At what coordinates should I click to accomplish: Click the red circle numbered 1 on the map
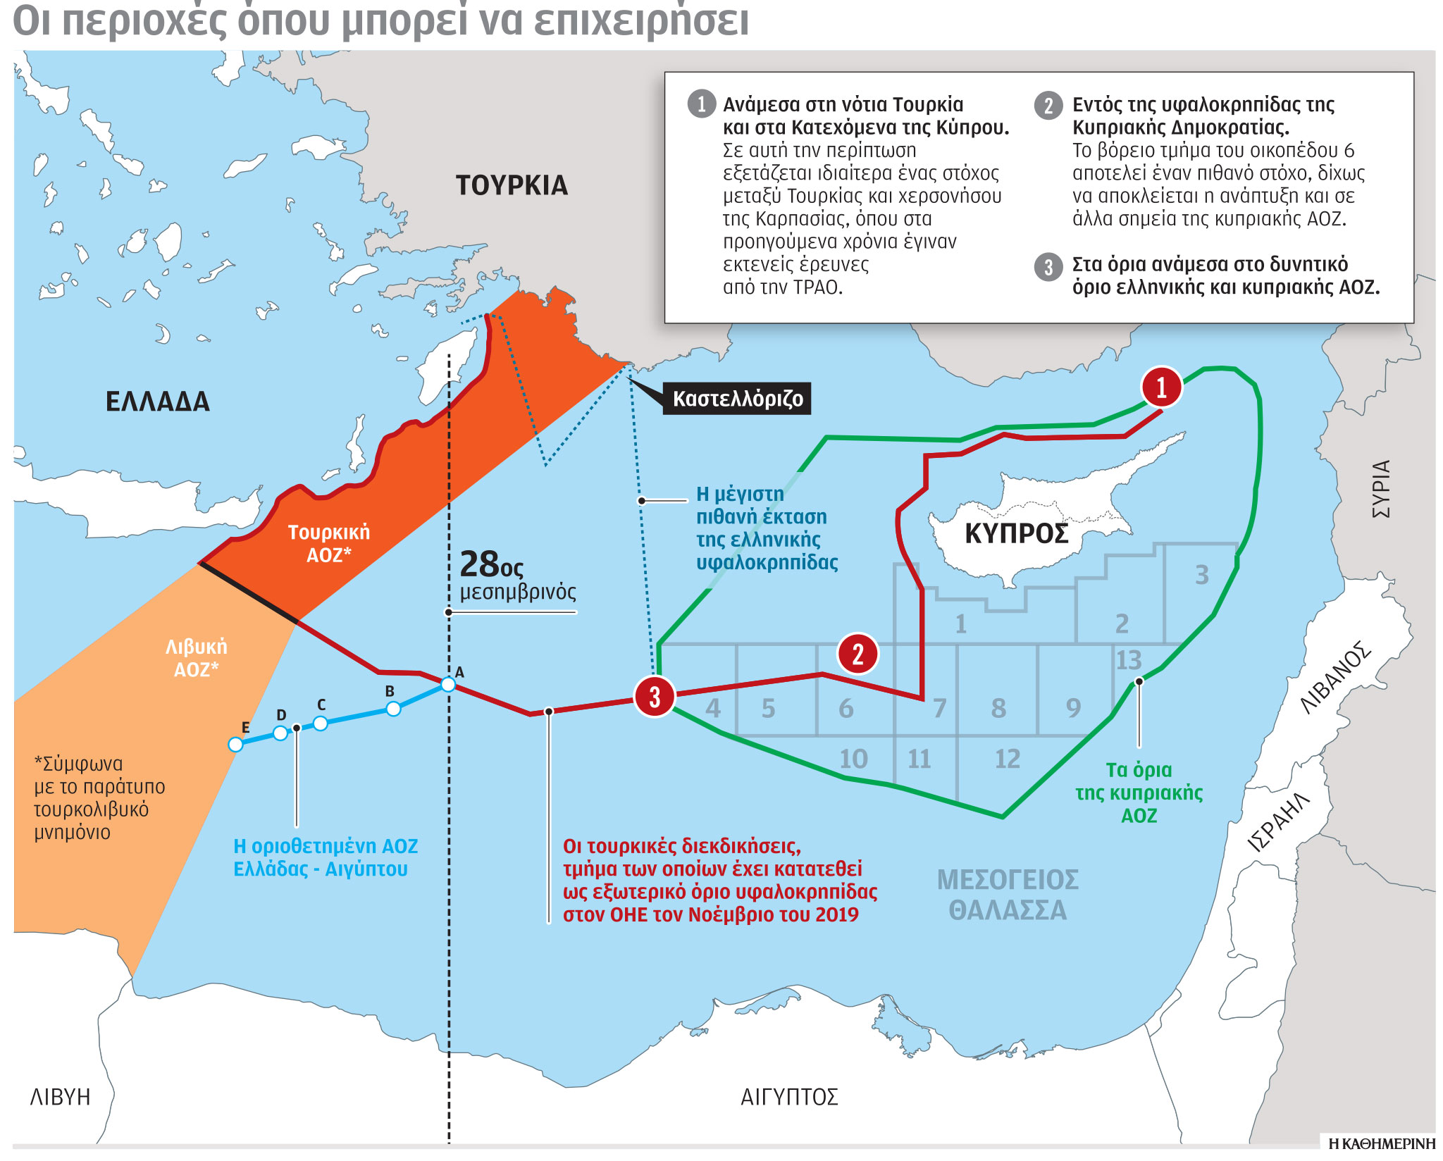tap(1161, 387)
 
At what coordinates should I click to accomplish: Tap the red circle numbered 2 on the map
tap(857, 654)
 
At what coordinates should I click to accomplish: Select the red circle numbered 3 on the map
tap(655, 696)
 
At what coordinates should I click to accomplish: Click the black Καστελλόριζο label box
tap(737, 399)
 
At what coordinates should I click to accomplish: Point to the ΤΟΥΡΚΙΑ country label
tap(512, 185)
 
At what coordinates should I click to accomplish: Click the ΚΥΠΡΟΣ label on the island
tap(1016, 533)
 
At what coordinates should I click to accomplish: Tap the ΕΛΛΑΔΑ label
tap(158, 402)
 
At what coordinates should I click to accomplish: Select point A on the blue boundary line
tap(448, 684)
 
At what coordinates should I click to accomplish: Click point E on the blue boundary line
tap(236, 745)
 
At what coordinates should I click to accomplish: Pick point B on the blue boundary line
tap(394, 709)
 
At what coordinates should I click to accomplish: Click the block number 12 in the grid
tap(1007, 759)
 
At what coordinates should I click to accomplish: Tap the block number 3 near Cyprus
tap(1202, 575)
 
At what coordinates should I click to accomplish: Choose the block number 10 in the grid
tap(853, 759)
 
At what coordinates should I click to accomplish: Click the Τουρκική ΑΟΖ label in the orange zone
tap(328, 543)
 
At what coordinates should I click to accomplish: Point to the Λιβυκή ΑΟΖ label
tap(196, 657)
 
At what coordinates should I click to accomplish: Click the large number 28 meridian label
tap(481, 564)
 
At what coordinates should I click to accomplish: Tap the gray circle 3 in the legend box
tap(1048, 267)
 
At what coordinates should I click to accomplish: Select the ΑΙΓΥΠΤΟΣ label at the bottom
tap(789, 1097)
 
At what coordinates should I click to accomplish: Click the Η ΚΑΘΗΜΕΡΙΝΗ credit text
tap(1381, 1143)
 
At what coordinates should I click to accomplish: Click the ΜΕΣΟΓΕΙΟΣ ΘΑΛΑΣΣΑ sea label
tap(1008, 895)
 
